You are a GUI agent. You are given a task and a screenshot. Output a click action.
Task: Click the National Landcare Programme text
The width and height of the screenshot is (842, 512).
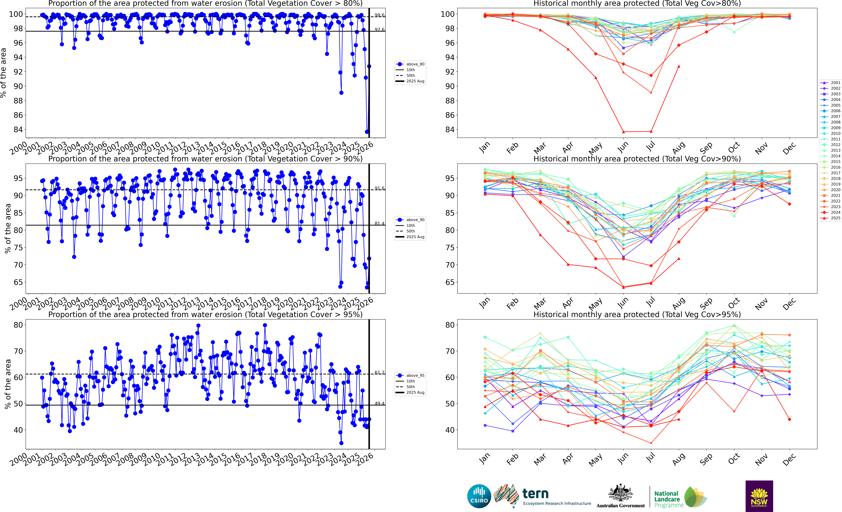(x=667, y=499)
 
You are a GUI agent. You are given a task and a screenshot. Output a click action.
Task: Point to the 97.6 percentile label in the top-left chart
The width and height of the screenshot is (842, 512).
(x=379, y=30)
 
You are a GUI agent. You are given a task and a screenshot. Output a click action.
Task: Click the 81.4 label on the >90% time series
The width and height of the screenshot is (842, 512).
(x=379, y=224)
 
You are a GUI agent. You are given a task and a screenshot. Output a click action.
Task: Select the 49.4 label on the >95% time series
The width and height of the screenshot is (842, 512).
(x=379, y=403)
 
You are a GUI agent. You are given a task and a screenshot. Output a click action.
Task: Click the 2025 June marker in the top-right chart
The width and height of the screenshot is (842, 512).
(x=623, y=132)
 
